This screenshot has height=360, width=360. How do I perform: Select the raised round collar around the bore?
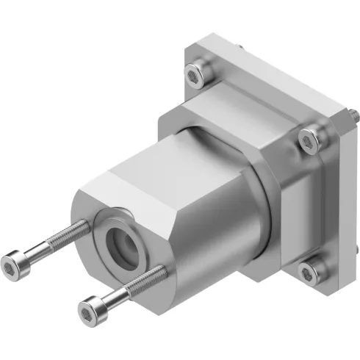pos(103,224)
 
